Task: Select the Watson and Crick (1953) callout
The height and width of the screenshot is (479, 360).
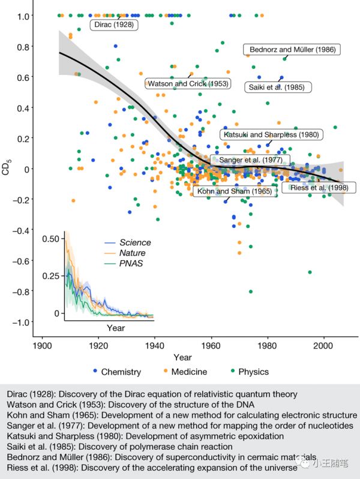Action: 187,84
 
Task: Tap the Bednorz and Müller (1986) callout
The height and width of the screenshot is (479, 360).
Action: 292,50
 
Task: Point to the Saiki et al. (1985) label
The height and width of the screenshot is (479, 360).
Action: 276,87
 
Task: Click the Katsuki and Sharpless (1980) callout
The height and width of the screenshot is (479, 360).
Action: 271,134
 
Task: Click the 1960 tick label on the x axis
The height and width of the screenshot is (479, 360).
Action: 211,347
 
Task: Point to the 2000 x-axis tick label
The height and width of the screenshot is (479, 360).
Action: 325,347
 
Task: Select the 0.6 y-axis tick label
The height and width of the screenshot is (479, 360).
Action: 22,77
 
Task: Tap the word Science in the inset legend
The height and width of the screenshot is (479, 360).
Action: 135,243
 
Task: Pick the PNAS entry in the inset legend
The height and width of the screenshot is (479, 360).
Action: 133,264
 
